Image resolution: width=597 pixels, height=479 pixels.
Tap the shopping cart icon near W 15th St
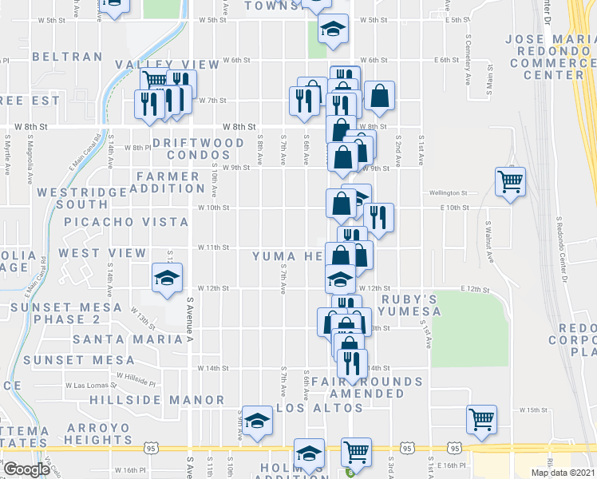(x=482, y=418)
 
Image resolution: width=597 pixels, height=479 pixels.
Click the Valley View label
(x=167, y=65)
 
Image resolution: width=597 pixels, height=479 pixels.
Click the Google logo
(x=26, y=469)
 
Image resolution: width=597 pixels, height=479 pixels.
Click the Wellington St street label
(x=447, y=193)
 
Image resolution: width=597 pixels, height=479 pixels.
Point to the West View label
(x=102, y=253)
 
